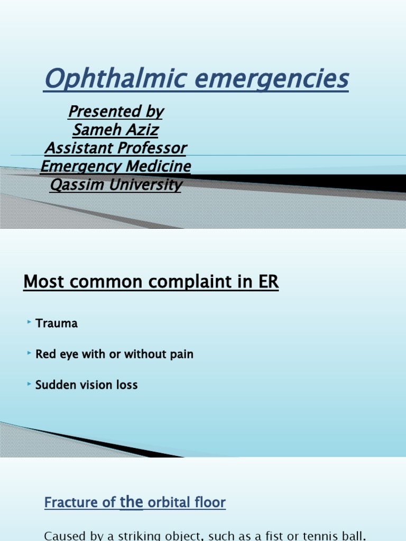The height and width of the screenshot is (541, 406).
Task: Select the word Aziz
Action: (x=141, y=129)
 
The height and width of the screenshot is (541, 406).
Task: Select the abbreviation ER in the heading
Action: (x=268, y=282)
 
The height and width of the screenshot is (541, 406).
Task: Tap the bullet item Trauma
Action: (x=57, y=323)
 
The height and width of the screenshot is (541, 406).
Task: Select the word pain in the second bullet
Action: (x=182, y=355)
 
